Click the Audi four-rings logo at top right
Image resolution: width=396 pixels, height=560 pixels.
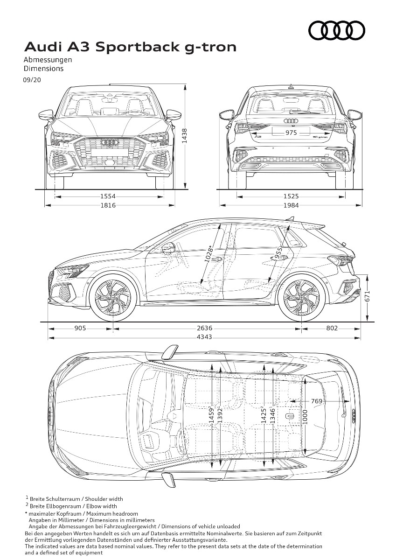click(x=337, y=30)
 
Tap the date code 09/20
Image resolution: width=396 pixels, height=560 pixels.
click(x=32, y=80)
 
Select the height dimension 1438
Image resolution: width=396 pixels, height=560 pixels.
click(x=184, y=136)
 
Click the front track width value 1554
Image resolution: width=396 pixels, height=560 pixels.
click(x=108, y=197)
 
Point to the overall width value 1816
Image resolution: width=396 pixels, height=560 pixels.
click(x=108, y=205)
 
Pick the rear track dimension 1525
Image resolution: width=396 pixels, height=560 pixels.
click(x=291, y=197)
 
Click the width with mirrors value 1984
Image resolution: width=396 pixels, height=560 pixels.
click(x=291, y=205)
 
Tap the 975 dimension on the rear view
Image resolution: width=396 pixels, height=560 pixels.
click(x=291, y=133)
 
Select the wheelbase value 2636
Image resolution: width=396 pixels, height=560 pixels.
click(x=204, y=328)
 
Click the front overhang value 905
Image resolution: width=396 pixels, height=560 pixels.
click(x=80, y=328)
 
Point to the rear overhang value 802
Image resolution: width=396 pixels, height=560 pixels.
click(x=332, y=328)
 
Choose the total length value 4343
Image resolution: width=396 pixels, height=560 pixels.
click(x=204, y=337)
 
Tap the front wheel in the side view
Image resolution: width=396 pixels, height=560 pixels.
click(x=113, y=298)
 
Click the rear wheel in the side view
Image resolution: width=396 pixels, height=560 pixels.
click(x=302, y=298)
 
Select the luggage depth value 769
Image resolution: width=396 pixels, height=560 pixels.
click(x=317, y=401)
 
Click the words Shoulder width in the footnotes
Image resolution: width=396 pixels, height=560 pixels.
click(x=104, y=499)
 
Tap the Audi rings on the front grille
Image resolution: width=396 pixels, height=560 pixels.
click(x=109, y=142)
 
